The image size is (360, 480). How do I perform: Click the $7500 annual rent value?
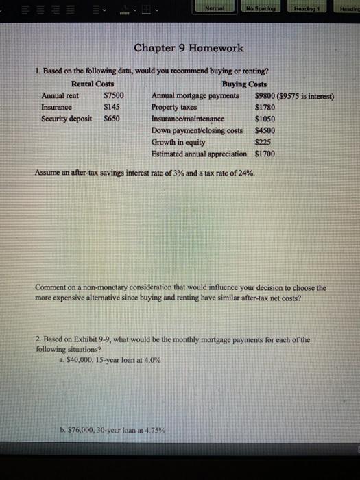(x=112, y=95)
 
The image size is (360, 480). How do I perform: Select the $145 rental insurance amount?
(x=111, y=106)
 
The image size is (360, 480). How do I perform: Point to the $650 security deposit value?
(x=111, y=118)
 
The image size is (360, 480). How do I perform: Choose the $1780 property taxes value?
(x=265, y=106)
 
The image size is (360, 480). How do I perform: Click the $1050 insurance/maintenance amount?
(x=265, y=118)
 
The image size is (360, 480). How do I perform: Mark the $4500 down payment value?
(x=265, y=130)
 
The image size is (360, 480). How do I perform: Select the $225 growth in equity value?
(x=263, y=141)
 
